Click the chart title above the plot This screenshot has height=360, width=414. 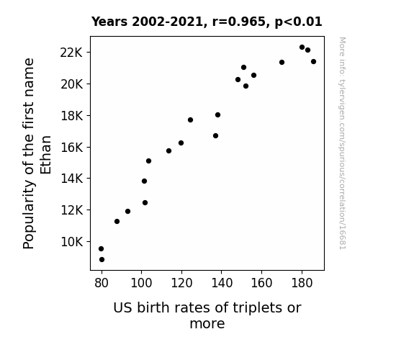[207, 22]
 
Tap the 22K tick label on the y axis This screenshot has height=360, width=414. [71, 53]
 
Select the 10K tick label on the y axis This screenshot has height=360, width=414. [71, 242]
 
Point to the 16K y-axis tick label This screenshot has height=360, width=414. [71, 147]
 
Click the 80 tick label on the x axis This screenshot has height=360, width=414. [102, 283]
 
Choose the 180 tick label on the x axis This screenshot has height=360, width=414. [302, 283]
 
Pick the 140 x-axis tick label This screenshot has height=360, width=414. [222, 283]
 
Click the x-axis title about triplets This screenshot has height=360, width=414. [207, 315]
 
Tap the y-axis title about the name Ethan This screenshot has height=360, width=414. [37, 153]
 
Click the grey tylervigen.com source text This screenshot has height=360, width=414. [343, 143]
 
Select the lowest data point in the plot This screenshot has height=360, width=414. [102, 260]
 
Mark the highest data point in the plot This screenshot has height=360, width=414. [302, 48]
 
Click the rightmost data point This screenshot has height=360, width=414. [313, 61]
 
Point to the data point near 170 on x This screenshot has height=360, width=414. [282, 63]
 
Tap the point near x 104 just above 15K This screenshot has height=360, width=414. [148, 161]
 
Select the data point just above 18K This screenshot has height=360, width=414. [217, 115]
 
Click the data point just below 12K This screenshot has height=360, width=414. [127, 211]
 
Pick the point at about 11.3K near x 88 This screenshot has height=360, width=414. [117, 221]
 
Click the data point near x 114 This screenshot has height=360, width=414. [168, 150]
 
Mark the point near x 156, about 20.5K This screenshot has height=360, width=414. [253, 76]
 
